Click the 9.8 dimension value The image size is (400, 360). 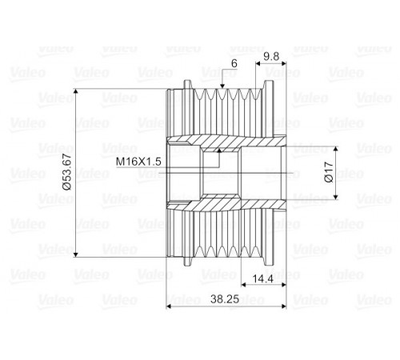coord(271,57)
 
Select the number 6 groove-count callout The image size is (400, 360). coord(234,63)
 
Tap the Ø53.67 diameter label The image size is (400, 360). coord(67,172)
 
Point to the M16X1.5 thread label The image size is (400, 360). coord(138,162)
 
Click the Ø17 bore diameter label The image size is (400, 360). coord(329,172)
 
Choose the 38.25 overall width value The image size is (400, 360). coord(225,299)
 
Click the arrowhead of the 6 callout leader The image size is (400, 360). coord(222,86)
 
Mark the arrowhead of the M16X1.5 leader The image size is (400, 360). coord(219,150)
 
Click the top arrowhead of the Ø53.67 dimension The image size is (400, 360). coord(76,91)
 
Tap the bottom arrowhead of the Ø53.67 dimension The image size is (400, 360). coord(76,254)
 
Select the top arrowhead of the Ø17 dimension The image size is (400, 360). coord(336,149)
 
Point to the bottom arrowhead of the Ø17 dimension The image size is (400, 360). coord(336,197)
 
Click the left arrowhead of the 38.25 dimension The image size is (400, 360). coord(169,306)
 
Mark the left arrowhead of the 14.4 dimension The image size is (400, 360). coord(243,285)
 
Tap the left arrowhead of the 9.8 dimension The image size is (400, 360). coord(258,63)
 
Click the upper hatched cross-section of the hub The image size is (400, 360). coord(226,142)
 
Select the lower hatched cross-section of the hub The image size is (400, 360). coord(226,205)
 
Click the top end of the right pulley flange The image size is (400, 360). coord(269,81)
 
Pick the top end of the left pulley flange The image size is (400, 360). coord(188,81)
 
